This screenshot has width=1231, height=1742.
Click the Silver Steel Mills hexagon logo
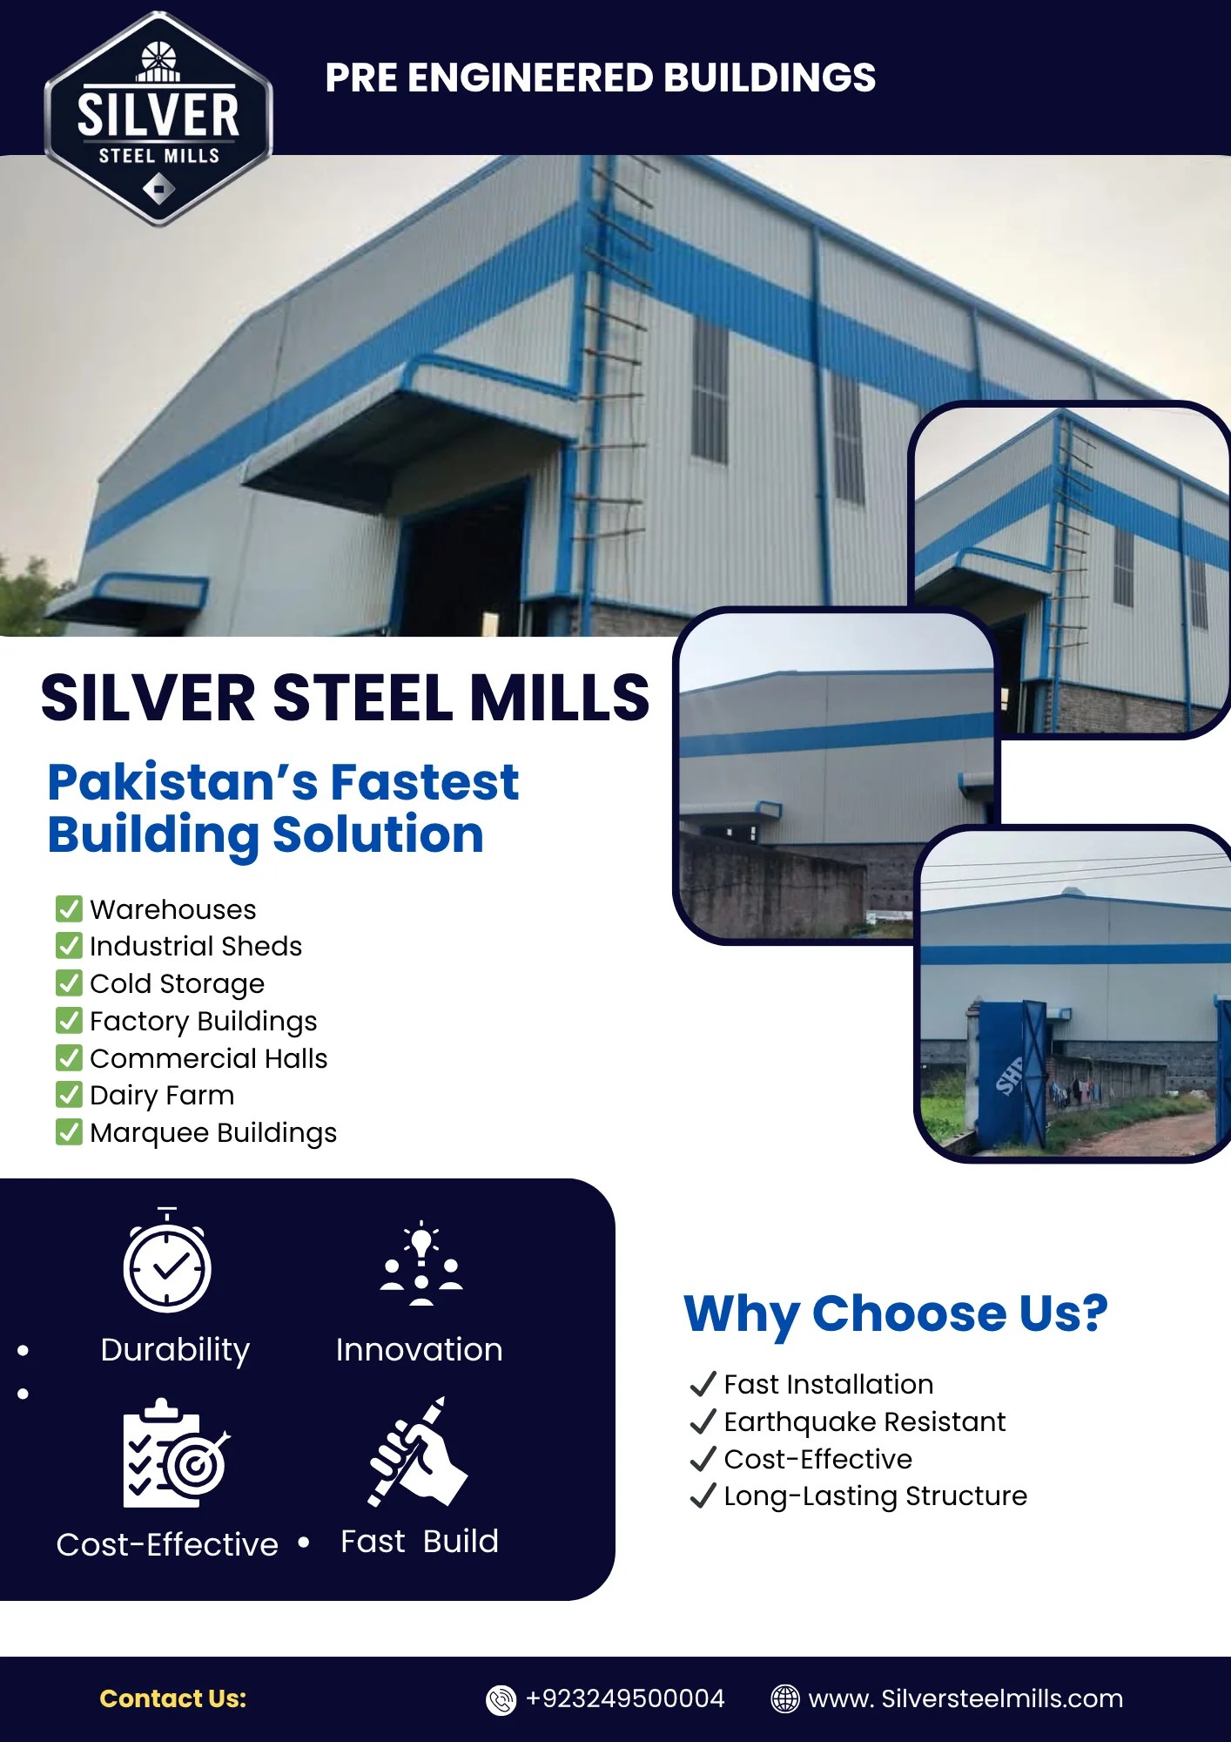pos(158,118)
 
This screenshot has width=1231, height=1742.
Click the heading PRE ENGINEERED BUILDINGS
pos(600,78)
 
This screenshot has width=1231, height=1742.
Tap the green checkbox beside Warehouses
pos(69,908)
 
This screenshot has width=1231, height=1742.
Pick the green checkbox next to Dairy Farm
pos(69,1094)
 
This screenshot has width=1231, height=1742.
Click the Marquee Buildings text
pos(213,1132)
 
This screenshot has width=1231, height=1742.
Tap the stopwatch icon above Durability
pos(167,1260)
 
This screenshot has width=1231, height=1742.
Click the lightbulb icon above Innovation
pos(421,1263)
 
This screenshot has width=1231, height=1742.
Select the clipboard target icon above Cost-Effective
pos(176,1453)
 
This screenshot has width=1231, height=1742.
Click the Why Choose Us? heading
pos(896,1313)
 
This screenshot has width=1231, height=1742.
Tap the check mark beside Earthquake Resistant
pos(703,1421)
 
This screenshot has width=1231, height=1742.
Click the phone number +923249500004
pos(625,1698)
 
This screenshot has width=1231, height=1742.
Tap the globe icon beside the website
pos(785,1698)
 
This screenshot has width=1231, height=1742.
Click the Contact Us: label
pos(173,1698)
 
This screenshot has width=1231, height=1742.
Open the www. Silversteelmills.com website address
pos(965,1698)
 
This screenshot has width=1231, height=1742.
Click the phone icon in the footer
pos(501,1699)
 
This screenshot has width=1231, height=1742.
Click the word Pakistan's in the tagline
pos(181,781)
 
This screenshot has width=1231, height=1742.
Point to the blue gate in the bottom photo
pos(1012,1073)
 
